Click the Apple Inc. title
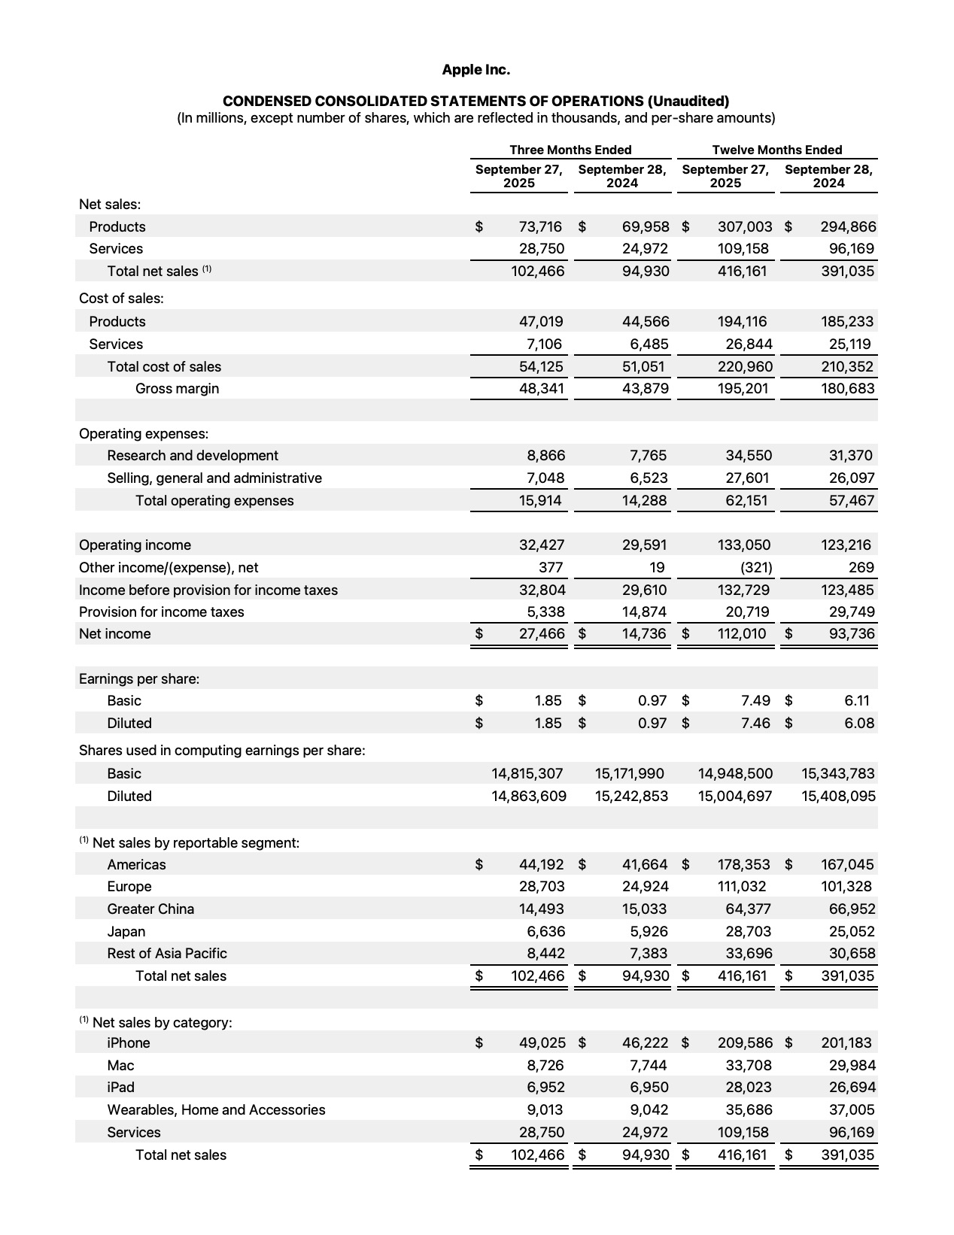[475, 70]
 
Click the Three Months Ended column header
[570, 150]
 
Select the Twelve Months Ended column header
[777, 150]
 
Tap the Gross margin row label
[177, 389]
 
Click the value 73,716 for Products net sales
[540, 226]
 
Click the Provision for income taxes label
[161, 612]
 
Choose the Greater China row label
[150, 909]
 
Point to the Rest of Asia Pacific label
[166, 954]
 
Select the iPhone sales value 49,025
[542, 1043]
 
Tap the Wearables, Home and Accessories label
[216, 1110]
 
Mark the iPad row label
[120, 1088]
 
